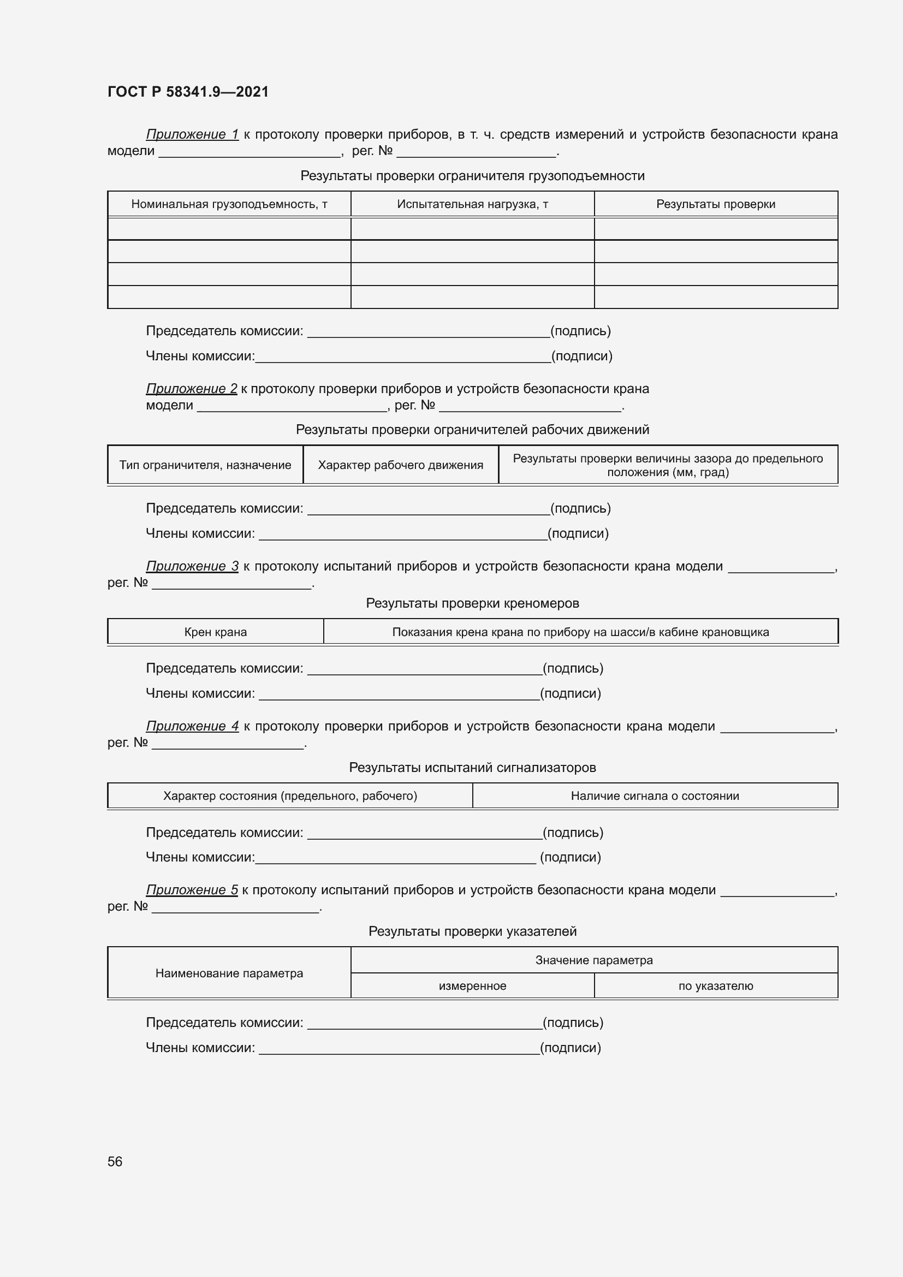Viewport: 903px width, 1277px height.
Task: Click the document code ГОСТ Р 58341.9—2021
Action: (x=188, y=92)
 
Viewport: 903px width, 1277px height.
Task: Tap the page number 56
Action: (x=115, y=1161)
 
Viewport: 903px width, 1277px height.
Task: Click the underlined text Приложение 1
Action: (x=192, y=134)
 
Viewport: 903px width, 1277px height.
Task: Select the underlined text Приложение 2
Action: (x=191, y=388)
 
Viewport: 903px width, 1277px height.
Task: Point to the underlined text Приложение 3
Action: (x=192, y=566)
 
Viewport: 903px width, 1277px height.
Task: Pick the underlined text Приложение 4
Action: (x=192, y=726)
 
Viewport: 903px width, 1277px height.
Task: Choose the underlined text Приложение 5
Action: (x=192, y=890)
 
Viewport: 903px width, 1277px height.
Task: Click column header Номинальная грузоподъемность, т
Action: (x=229, y=204)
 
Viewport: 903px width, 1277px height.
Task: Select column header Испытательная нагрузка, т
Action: (x=472, y=204)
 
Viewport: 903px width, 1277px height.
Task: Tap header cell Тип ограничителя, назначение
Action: (x=205, y=465)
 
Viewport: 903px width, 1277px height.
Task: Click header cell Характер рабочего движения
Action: (x=400, y=465)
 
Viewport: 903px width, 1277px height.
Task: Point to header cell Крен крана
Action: (x=215, y=632)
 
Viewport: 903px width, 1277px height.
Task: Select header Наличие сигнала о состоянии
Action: (x=655, y=796)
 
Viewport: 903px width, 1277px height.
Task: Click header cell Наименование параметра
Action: (x=229, y=973)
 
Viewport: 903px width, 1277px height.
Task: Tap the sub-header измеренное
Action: (x=472, y=986)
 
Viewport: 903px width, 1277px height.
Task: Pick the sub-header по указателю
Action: (x=715, y=986)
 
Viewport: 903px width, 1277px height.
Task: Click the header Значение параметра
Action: (x=594, y=960)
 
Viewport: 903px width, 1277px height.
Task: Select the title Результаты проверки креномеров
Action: (x=472, y=603)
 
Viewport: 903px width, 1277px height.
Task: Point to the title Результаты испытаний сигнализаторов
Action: (x=472, y=768)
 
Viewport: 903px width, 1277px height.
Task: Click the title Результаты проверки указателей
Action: (x=472, y=931)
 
